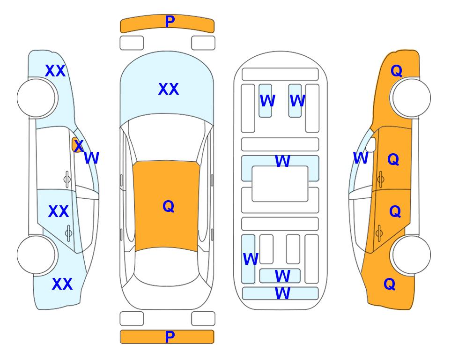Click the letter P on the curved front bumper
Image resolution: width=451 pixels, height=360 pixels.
coord(170,22)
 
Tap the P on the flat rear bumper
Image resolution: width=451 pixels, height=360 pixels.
coord(170,337)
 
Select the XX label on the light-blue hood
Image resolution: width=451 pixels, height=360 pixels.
coord(169,89)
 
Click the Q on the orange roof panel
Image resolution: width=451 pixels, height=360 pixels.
coord(169,206)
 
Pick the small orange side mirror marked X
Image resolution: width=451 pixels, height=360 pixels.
coord(77,145)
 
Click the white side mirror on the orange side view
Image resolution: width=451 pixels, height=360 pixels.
coord(371,144)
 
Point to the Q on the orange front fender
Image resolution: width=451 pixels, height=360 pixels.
coord(396,71)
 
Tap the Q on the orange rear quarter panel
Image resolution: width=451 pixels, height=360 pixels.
coord(390,284)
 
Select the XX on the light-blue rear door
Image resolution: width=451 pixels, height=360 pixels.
coord(59,211)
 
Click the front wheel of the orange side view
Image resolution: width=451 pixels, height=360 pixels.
coord(410,98)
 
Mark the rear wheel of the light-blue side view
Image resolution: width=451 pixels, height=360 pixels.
coord(36,255)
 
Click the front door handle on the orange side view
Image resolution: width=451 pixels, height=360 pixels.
coord(380,179)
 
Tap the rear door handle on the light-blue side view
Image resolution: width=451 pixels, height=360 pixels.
coord(68,233)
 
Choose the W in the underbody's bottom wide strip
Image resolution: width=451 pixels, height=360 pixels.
coord(282,293)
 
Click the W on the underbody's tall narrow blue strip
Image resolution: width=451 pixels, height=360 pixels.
coord(251,259)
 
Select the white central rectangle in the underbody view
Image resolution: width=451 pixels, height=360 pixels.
coord(280,184)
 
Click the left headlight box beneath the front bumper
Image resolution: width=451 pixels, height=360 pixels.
coord(132,43)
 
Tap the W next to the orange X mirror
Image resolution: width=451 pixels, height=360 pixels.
coord(91,158)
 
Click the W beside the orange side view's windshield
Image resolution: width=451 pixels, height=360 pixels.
coord(361,158)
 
